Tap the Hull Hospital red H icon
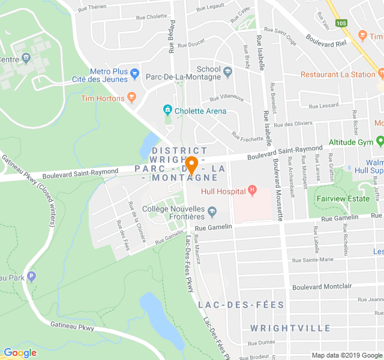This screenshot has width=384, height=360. [x=252, y=191]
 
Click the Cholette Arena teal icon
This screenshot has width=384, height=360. [x=167, y=110]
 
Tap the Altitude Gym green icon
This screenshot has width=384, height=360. [x=379, y=142]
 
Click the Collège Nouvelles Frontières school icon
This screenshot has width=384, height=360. [x=212, y=211]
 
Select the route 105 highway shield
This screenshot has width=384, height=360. [x=341, y=23]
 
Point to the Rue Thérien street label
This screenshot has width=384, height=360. [x=92, y=7]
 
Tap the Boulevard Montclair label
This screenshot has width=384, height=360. [x=322, y=286]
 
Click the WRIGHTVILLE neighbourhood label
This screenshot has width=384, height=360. [x=290, y=328]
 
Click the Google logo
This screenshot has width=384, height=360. [x=20, y=353]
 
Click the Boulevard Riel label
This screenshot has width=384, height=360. [x=326, y=40]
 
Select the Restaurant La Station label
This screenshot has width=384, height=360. [x=338, y=74]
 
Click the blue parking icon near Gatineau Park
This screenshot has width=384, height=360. [x=32, y=277]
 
